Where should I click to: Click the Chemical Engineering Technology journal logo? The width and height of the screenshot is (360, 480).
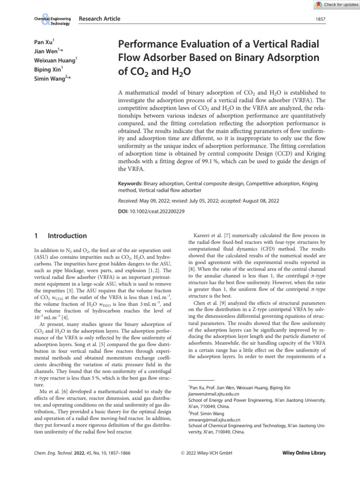52,21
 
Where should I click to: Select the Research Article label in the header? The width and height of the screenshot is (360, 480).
99,19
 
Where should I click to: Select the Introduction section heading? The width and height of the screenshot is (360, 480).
67,235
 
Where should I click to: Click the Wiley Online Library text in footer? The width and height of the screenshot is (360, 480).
304,453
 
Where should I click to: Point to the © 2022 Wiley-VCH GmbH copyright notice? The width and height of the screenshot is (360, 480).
206,453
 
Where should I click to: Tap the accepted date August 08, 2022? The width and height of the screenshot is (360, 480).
261,201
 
